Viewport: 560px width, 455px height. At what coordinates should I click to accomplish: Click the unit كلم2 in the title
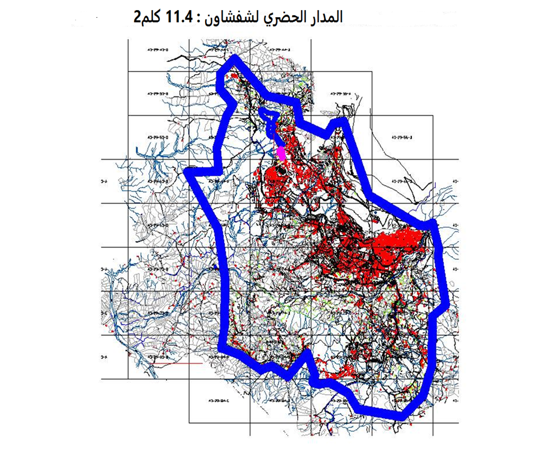(x=144, y=16)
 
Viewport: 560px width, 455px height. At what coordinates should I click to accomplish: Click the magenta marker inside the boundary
(x=282, y=152)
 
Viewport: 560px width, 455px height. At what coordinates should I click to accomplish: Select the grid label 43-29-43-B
(x=158, y=50)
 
